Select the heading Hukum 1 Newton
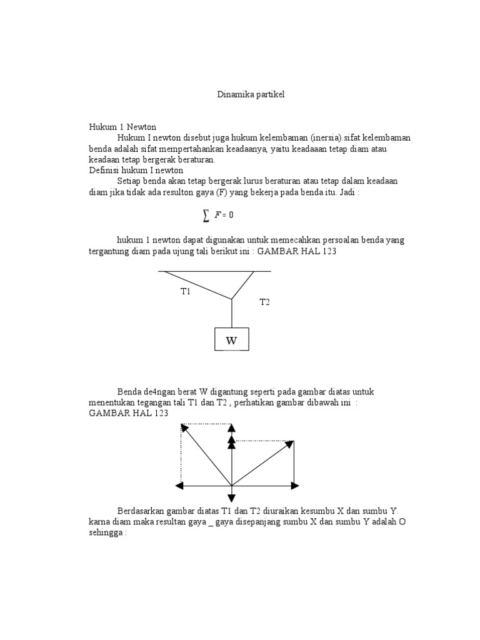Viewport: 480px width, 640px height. (x=122, y=127)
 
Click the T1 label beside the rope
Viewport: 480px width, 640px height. (x=185, y=291)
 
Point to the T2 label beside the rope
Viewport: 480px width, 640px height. (x=264, y=302)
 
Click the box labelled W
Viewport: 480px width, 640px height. (x=232, y=341)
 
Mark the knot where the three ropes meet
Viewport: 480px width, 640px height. (x=232, y=299)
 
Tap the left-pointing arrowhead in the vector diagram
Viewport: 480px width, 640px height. (x=180, y=486)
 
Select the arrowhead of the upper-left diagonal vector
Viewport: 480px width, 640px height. (x=184, y=427)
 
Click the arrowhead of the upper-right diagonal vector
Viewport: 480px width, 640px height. (x=289, y=444)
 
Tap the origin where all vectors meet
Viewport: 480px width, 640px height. (x=232, y=486)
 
